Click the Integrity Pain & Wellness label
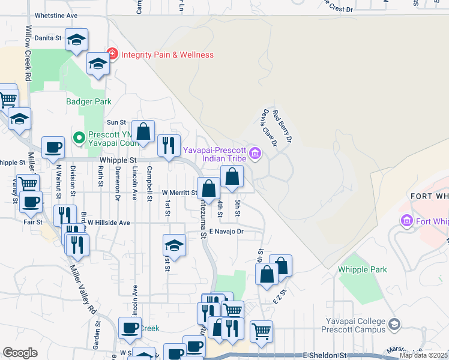click(167, 55)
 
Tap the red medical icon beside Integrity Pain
click(112, 55)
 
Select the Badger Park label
click(89, 102)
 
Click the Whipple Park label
click(363, 270)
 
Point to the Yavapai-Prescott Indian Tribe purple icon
click(256, 154)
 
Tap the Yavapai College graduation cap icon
click(394, 325)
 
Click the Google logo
click(20, 353)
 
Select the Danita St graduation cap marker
click(76, 40)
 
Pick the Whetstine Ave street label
click(56, 15)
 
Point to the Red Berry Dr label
click(282, 125)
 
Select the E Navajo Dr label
click(226, 231)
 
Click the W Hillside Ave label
click(109, 223)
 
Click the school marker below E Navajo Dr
click(174, 245)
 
